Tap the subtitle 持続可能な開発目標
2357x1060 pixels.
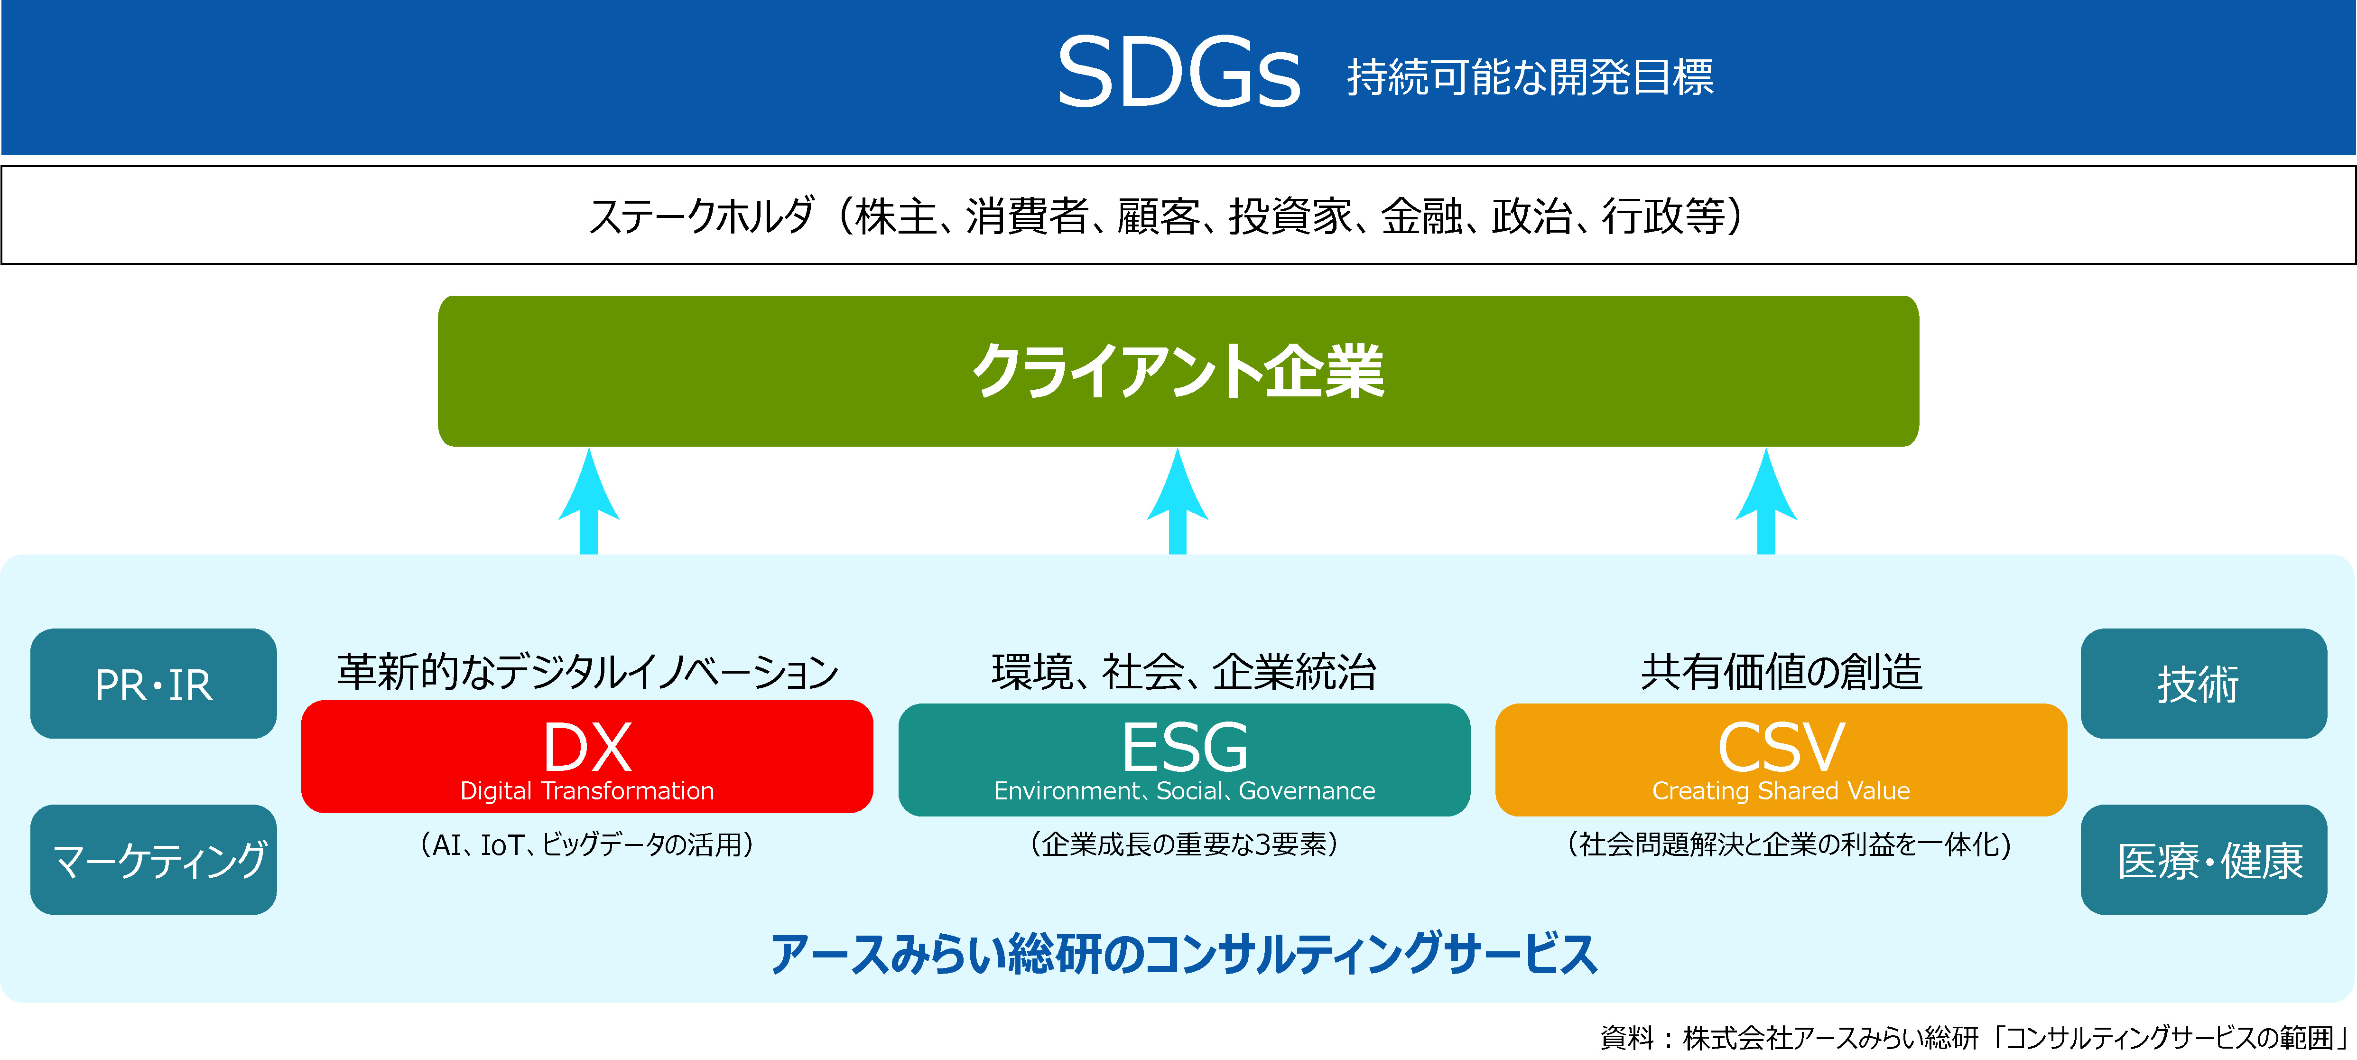(1530, 77)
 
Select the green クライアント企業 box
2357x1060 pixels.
(1178, 371)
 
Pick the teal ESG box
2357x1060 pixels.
(1184, 759)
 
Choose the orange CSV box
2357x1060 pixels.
(1781, 759)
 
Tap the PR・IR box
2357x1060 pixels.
(154, 684)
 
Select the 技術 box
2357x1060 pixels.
(2203, 684)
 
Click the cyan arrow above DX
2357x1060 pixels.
(589, 501)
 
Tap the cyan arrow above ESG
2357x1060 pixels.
(1178, 501)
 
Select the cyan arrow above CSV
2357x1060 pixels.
(1766, 501)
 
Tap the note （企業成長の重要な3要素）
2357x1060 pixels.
(1184, 844)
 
